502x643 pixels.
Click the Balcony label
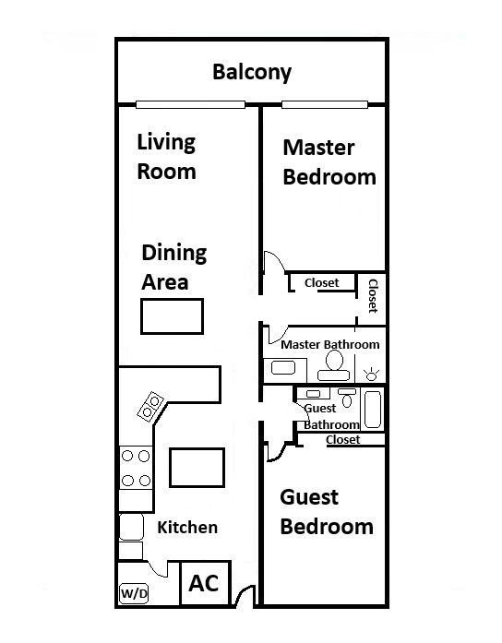252,73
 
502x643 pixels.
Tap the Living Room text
166,157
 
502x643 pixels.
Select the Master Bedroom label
329,162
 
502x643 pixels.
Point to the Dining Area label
173,267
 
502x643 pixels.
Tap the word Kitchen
187,528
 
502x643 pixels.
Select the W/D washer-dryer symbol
134,593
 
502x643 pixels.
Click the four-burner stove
136,468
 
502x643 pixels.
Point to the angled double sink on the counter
150,406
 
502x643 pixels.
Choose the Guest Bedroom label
327,512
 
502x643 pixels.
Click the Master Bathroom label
330,344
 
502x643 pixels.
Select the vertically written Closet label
373,296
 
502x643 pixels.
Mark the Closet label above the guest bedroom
343,440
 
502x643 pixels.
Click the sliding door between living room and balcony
190,104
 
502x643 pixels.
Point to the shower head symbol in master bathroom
371,374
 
